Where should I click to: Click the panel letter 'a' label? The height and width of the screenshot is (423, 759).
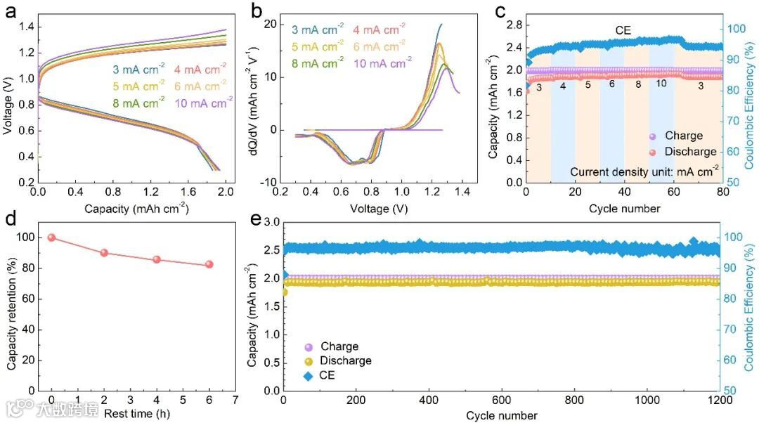[12, 13]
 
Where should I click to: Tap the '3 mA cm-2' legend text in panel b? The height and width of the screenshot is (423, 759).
[318, 30]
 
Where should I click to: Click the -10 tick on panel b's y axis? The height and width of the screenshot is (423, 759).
[268, 183]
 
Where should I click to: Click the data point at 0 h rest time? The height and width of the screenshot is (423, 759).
[51, 237]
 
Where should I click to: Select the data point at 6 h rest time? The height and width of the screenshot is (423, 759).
[209, 264]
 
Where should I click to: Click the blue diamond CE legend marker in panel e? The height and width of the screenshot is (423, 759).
[308, 375]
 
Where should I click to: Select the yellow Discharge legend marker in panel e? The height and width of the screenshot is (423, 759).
[308, 361]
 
